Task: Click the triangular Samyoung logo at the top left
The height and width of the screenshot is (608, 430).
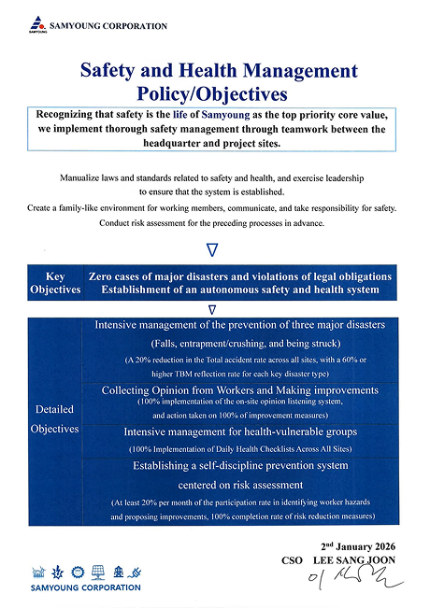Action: (34, 21)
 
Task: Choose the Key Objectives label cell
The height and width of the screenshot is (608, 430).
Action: (54, 284)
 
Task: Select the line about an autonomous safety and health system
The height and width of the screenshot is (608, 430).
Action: (233, 290)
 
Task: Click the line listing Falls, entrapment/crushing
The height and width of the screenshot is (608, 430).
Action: (240, 342)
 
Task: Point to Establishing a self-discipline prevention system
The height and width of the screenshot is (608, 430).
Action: (240, 466)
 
